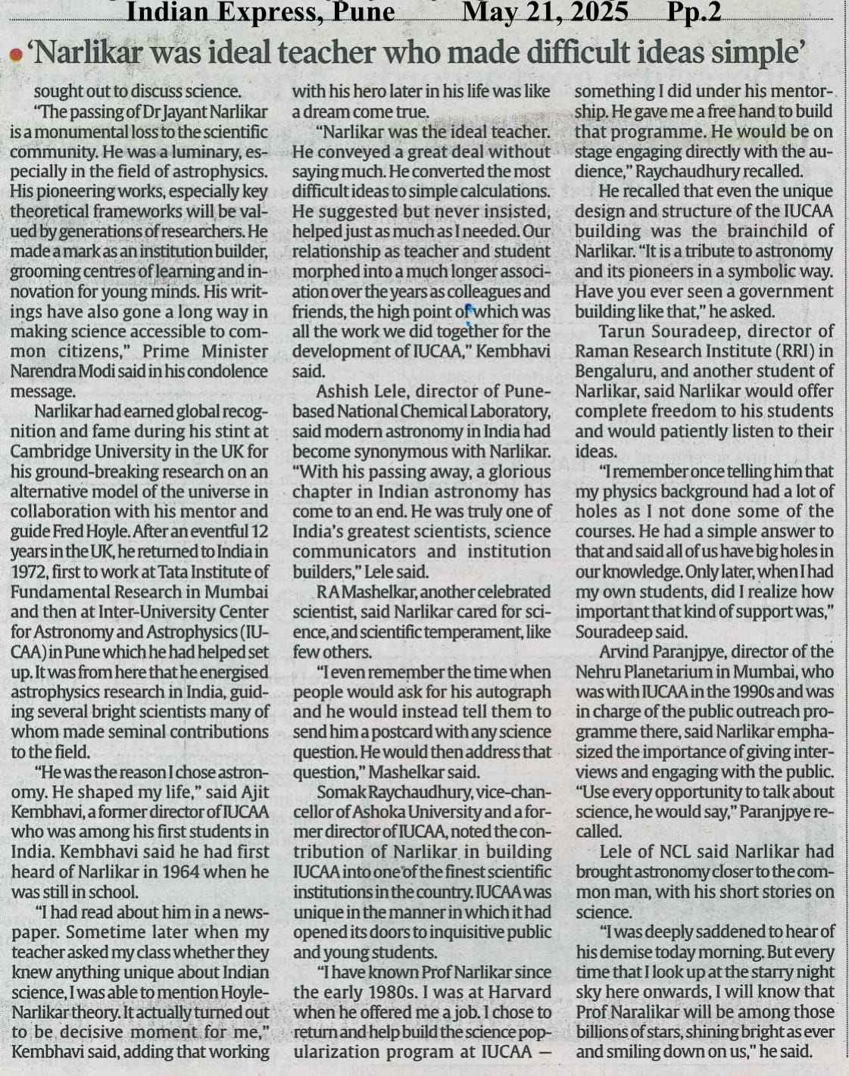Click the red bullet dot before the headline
(x=15, y=55)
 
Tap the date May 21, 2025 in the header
(x=545, y=12)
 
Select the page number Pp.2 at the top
(x=694, y=12)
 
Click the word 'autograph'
(x=514, y=692)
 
